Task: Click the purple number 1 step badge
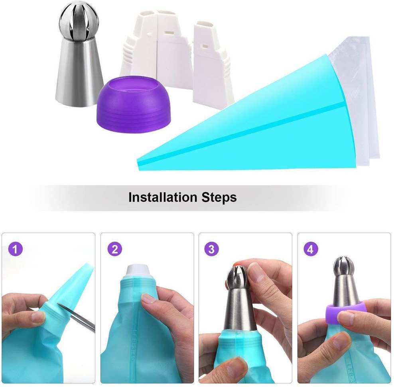16,250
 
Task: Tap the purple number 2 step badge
114,250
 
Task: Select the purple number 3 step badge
211,250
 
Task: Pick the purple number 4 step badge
311,250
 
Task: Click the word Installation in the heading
163,197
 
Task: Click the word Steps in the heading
219,197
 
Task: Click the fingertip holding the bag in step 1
38,317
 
